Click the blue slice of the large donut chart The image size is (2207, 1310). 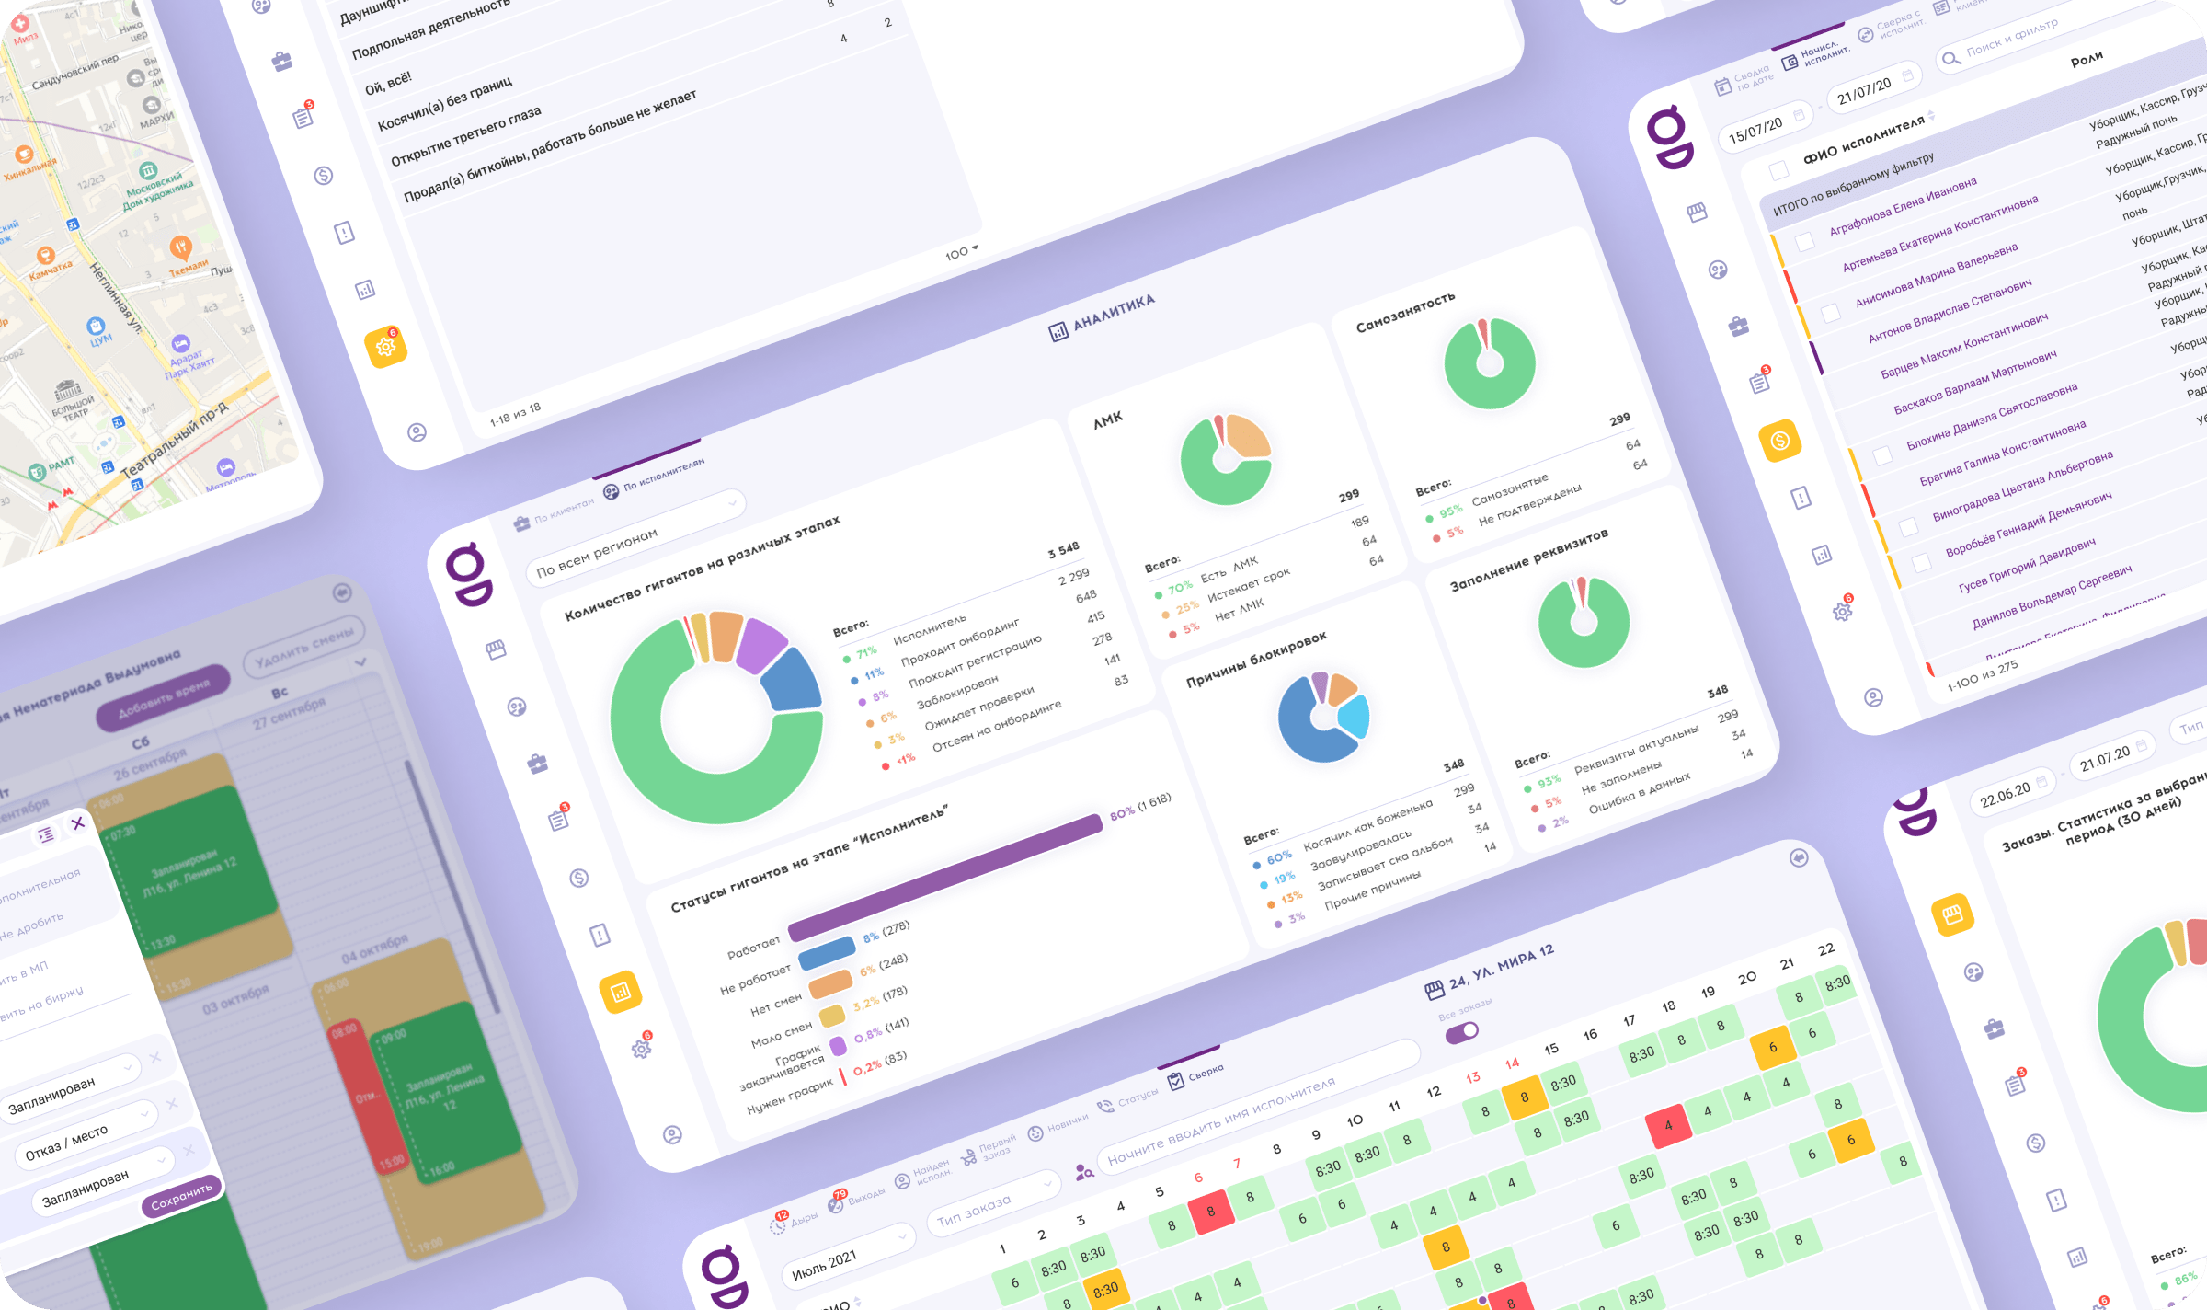click(792, 682)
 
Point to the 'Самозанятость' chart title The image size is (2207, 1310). click(1405, 312)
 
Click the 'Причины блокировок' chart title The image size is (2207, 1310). click(1256, 660)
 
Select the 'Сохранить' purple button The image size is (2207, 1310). click(181, 1195)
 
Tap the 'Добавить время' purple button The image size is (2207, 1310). click(164, 697)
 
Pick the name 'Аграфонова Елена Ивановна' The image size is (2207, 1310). click(1903, 206)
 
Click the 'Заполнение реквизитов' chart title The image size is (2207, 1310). click(1528, 560)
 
